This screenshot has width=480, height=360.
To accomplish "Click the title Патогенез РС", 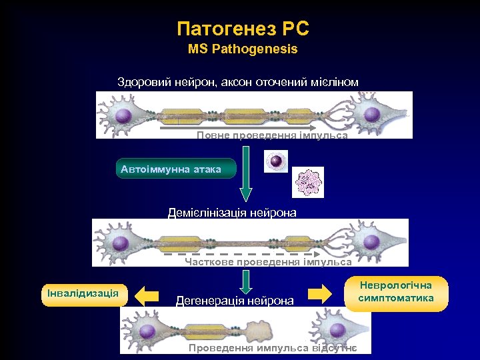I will pyautogui.click(x=243, y=29).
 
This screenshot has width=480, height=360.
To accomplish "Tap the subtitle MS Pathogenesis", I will pyautogui.click(x=243, y=49).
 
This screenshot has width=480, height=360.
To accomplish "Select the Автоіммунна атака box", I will pyautogui.click(x=175, y=169).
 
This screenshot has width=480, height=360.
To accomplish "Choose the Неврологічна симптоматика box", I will pyautogui.click(x=396, y=293).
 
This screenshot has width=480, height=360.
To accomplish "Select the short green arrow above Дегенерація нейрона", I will pyautogui.click(x=246, y=281).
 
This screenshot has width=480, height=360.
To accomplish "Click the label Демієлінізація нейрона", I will pyautogui.click(x=232, y=213).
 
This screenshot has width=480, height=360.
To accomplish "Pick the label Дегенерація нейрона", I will pyautogui.click(x=234, y=301).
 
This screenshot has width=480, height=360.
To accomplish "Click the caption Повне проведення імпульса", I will pyautogui.click(x=272, y=135).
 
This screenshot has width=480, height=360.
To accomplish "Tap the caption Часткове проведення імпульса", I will pyautogui.click(x=268, y=262).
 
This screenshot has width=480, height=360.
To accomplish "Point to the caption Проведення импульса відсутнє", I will pyautogui.click(x=272, y=348).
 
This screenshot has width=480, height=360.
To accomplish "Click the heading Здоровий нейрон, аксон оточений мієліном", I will pyautogui.click(x=238, y=82).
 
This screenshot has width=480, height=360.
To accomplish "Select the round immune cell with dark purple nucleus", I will pyautogui.click(x=275, y=161).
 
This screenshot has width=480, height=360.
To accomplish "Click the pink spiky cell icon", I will pyautogui.click(x=308, y=181).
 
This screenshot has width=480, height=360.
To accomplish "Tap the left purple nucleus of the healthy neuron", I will pyautogui.click(x=123, y=116).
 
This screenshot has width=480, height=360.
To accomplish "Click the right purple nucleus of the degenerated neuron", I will pyautogui.click(x=336, y=330).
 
